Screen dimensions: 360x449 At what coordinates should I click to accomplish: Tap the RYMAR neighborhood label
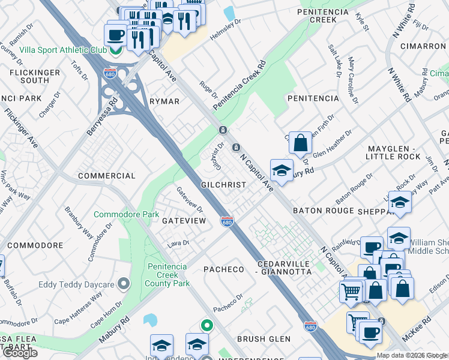164,101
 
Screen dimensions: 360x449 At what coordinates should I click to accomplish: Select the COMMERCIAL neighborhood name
107,176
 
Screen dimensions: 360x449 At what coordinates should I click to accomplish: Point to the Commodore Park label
127,214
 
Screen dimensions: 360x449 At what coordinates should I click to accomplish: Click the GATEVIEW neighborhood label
184,221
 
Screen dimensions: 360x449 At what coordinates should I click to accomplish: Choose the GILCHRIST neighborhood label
223,185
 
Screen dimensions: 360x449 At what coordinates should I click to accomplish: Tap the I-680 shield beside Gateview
227,221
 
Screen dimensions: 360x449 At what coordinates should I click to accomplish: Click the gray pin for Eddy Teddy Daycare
124,283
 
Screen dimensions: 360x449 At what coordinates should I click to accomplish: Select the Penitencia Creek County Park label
169,274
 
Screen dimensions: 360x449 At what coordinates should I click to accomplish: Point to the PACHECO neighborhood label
224,269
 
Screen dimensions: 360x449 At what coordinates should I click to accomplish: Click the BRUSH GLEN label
264,339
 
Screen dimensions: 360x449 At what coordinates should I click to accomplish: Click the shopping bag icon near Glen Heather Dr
300,143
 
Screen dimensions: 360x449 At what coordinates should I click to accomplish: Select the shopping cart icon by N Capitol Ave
351,292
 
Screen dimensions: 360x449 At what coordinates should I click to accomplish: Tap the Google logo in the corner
20,353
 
